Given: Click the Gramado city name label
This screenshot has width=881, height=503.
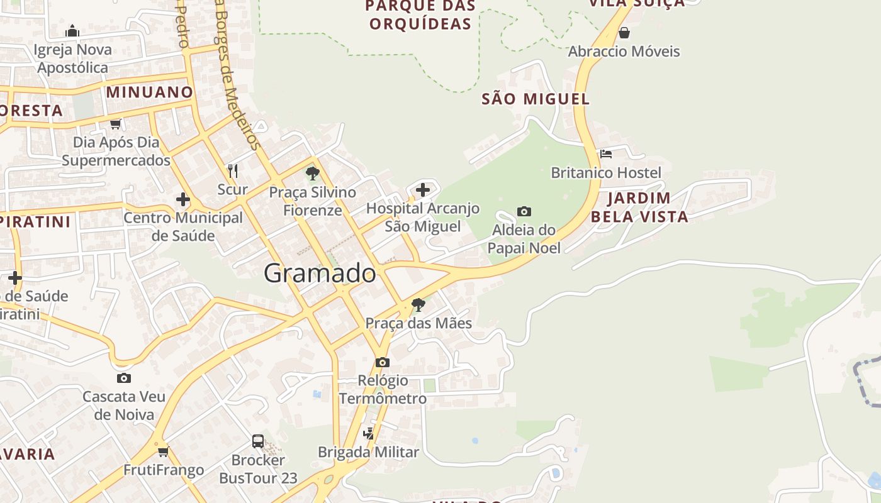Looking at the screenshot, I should (x=320, y=274).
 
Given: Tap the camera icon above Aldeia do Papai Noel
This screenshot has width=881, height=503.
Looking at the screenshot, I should (x=524, y=211).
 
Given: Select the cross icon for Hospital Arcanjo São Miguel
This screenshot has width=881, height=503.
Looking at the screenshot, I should (x=423, y=189).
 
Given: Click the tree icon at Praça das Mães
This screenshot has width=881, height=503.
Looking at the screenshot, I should (x=418, y=305).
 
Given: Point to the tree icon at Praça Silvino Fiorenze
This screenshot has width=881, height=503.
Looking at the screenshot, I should (x=312, y=173).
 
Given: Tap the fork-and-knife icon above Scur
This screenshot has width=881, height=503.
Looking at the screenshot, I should (x=232, y=170).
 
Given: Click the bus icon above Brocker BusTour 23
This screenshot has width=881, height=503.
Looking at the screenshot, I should (x=258, y=441).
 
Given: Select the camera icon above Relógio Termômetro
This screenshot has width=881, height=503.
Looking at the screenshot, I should (x=382, y=362).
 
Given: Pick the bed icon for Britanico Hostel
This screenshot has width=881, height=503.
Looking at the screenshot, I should (x=606, y=153).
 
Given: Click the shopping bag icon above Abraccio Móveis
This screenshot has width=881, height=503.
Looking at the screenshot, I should (x=624, y=33).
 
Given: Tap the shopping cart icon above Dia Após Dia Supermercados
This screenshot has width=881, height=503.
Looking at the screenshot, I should (x=115, y=124).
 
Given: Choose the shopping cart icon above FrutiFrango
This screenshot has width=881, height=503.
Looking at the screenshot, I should (x=164, y=451).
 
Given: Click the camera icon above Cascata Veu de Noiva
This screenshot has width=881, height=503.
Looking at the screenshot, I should (x=124, y=378).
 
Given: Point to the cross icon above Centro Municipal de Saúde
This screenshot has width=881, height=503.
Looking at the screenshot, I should (x=182, y=200).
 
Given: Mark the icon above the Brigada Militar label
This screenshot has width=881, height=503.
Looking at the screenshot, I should (x=368, y=433).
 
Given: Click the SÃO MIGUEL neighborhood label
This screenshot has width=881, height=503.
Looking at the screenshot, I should (x=536, y=99).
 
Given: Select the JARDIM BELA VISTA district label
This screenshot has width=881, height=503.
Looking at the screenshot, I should (x=639, y=207).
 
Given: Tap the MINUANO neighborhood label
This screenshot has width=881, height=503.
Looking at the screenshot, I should (x=150, y=92).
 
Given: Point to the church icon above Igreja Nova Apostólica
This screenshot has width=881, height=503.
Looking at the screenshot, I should (x=72, y=31).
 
